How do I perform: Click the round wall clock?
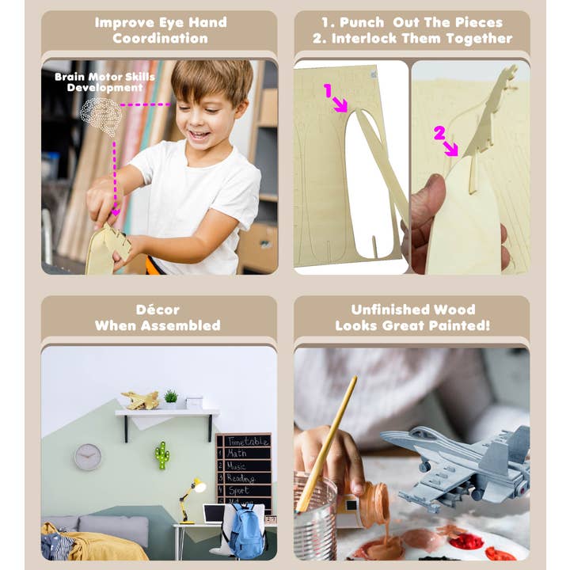[x=88, y=457]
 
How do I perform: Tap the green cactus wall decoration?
[x=162, y=455]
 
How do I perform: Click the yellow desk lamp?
[x=191, y=495]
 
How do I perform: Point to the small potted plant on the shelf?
[x=171, y=397]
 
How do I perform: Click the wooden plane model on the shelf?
[x=140, y=401]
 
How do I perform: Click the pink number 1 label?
[x=328, y=90]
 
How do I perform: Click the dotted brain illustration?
[x=102, y=116]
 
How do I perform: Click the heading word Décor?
[x=158, y=310]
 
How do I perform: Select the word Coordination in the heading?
[x=160, y=38]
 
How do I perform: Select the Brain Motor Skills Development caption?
[x=99, y=82]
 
